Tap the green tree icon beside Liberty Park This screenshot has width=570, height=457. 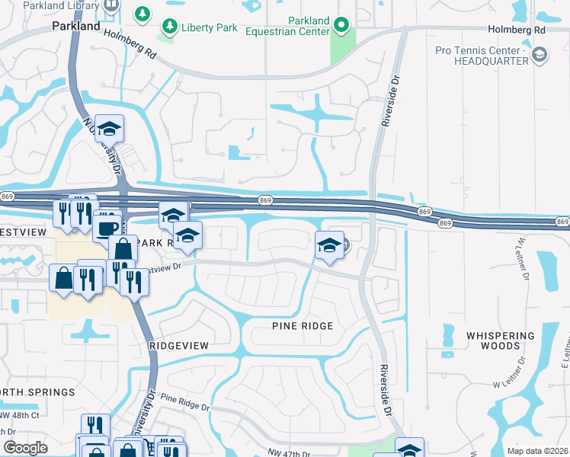pos(142,13)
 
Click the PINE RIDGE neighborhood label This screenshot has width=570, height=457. pos(303,326)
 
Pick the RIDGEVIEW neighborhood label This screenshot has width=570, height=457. pos(178,345)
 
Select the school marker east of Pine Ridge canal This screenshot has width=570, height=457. pos(329,245)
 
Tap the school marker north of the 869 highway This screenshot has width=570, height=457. pos(110,129)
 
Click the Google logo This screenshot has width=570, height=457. pos(25,447)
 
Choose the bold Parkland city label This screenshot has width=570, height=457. pos(75,26)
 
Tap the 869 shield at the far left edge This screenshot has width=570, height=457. pos(8,197)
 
